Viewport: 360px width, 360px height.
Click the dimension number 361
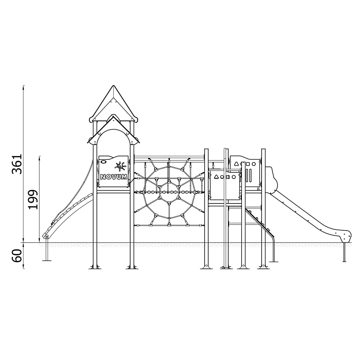tap(17, 164)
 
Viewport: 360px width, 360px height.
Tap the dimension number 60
tap(17, 256)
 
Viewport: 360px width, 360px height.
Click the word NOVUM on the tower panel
tap(114, 177)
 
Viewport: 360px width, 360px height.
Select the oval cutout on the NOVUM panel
tap(104, 162)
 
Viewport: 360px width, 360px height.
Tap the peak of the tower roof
tap(113, 86)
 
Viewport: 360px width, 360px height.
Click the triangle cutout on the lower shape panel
tap(216, 177)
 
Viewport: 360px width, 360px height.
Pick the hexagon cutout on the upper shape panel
tap(254, 164)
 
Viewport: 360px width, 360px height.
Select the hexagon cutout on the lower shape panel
tap(234, 177)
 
